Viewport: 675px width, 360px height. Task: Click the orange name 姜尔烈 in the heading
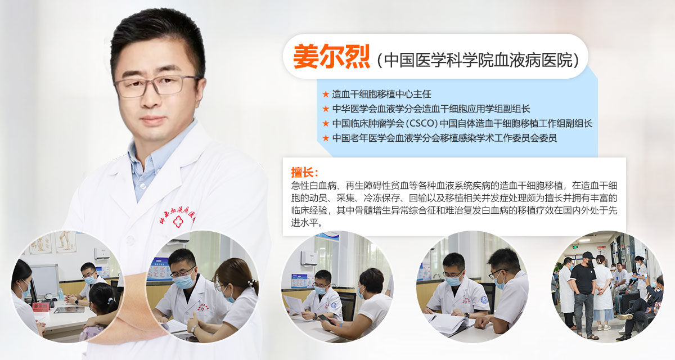click(x=332, y=56)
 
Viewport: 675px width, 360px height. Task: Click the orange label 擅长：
click(x=305, y=172)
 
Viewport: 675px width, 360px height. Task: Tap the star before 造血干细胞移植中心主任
click(x=326, y=94)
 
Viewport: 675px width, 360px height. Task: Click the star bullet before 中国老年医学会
click(x=326, y=138)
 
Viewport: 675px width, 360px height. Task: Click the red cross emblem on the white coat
click(x=178, y=222)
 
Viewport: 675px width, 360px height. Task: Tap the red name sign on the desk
click(x=40, y=307)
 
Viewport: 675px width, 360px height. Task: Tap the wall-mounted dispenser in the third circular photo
click(x=308, y=258)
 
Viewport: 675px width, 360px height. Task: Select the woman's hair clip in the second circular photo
click(x=251, y=283)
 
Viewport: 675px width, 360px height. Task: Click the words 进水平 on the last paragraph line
click(x=304, y=223)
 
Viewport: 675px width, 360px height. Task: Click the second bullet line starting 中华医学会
click(x=431, y=109)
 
